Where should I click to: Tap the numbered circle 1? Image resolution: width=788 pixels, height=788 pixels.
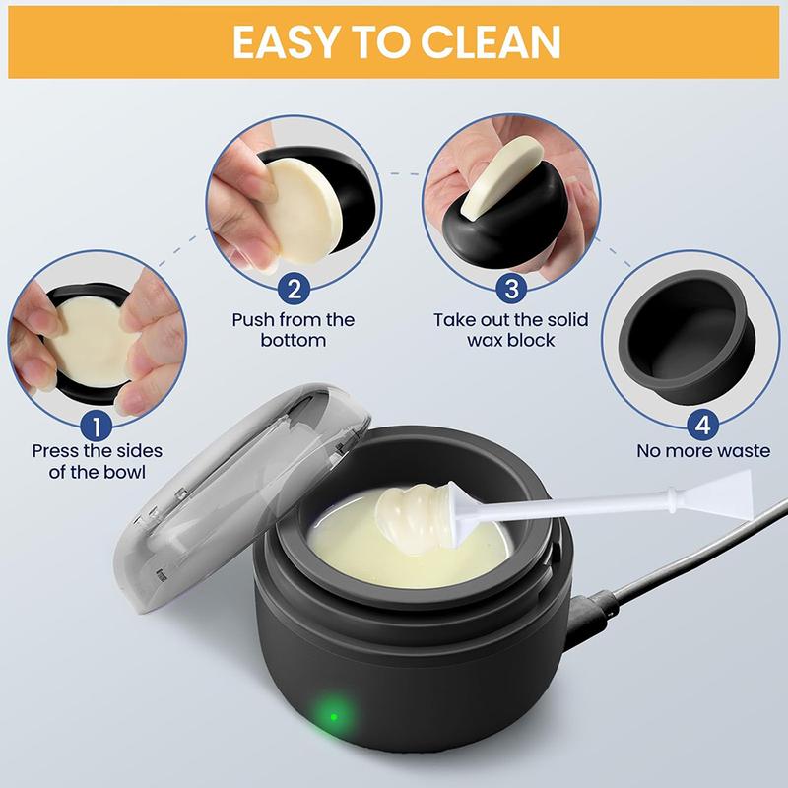click(96, 425)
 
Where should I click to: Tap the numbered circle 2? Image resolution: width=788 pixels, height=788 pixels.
click(293, 289)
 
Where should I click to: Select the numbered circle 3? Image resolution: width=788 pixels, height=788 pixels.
click(511, 289)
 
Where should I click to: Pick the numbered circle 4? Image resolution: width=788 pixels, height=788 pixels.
click(702, 425)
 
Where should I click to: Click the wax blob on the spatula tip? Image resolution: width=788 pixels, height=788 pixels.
click(414, 516)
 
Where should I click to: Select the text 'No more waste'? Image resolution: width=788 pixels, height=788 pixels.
click(702, 452)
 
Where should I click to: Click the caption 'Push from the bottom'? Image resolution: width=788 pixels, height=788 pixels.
click(293, 330)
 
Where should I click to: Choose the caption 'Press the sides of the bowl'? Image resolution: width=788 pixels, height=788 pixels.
click(97, 462)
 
